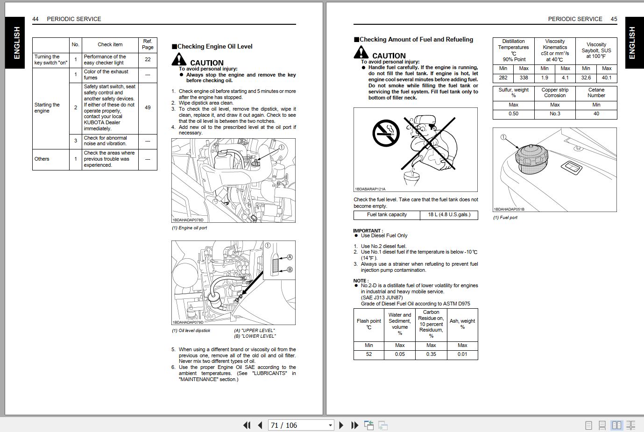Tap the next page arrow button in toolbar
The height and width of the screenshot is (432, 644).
341,425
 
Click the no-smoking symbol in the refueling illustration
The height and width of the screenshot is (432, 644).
386,133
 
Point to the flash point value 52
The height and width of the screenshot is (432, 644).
368,354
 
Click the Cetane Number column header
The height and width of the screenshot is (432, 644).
596,92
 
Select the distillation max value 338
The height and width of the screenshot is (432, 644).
524,78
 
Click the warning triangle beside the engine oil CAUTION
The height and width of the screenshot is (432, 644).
179,59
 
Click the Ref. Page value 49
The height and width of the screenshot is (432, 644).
148,107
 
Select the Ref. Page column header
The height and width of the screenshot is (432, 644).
148,44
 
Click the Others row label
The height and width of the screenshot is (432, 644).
42,159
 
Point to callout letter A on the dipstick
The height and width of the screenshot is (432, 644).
290,257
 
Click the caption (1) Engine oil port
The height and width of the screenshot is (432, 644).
190,228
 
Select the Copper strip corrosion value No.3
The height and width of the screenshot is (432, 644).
555,113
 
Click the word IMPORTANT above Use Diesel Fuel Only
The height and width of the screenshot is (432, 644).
367,231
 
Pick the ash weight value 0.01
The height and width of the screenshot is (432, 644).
462,354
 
